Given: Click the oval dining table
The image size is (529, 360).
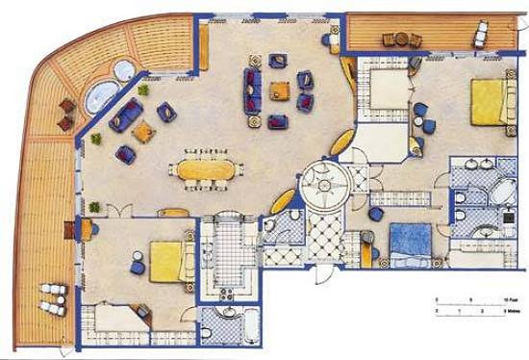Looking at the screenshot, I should pyautogui.click(x=205, y=170).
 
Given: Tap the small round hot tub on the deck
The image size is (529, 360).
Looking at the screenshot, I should pyautogui.click(x=123, y=70).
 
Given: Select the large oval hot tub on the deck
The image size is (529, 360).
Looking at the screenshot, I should pyautogui.click(x=100, y=96).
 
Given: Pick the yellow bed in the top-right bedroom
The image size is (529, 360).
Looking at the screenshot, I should pyautogui.click(x=488, y=100).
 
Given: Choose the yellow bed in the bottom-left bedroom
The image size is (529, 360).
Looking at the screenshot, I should pyautogui.click(x=166, y=261).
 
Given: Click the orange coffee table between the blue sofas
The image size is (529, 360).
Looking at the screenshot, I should pyautogui.click(x=280, y=91).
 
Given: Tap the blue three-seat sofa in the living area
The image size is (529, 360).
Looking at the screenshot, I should pyautogui.click(x=253, y=91).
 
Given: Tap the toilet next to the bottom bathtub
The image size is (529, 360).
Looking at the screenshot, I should pyautogui.click(x=206, y=333).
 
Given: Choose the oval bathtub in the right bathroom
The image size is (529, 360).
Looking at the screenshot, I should pyautogui.click(x=505, y=192).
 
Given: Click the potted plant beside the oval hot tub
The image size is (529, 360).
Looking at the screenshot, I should pyautogui.click(x=143, y=90).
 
